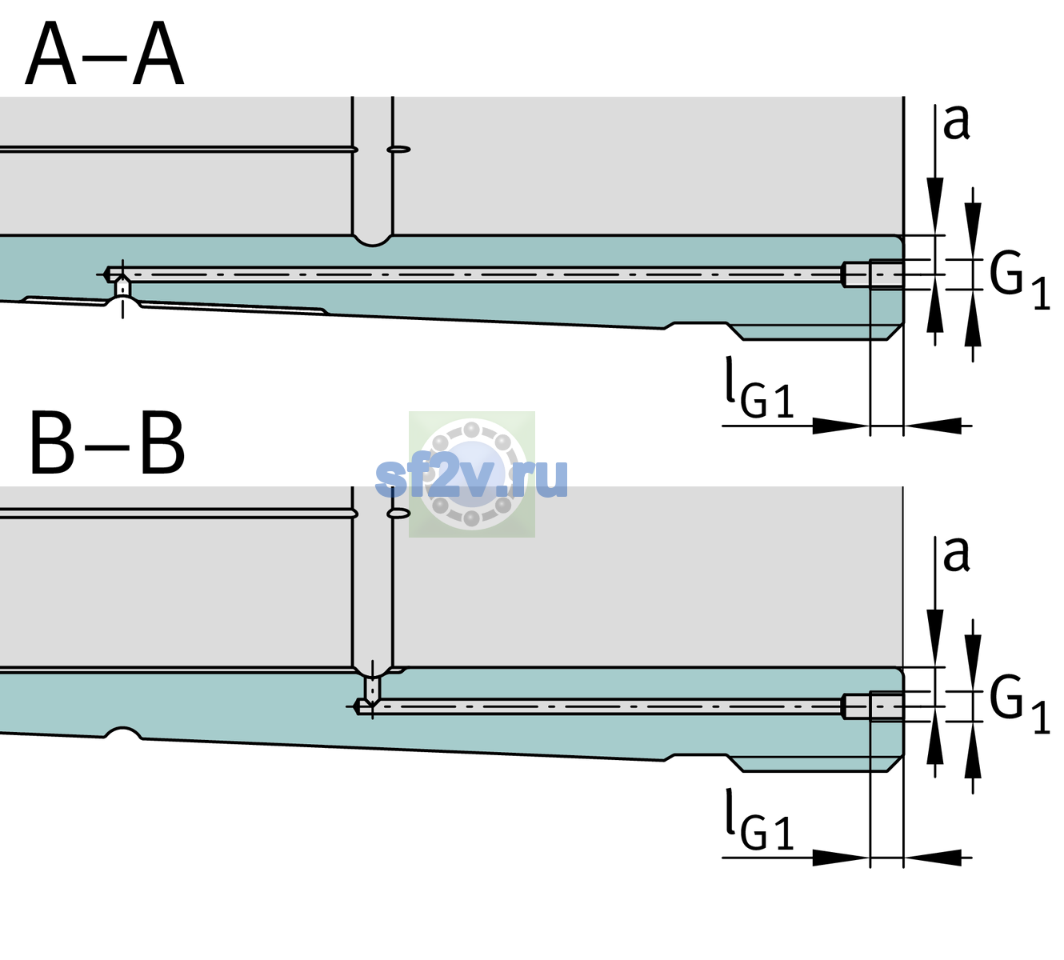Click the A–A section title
tap(105, 54)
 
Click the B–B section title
tap(108, 444)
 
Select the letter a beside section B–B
tap(956, 554)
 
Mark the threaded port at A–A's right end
tap(873, 274)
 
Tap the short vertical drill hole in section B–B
tap(373, 689)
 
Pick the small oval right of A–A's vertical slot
tap(398, 150)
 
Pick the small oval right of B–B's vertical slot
tap(398, 514)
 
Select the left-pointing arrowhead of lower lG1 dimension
tap(933, 858)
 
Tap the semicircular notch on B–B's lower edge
tap(122, 732)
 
